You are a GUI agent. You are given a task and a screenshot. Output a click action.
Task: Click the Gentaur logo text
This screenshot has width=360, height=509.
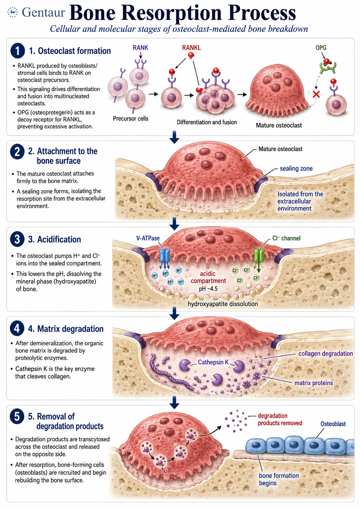click(43, 12)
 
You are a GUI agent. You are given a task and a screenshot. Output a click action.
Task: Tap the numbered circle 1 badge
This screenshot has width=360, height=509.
click(17, 51)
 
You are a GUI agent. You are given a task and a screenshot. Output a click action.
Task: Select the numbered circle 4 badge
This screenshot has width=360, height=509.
click(17, 328)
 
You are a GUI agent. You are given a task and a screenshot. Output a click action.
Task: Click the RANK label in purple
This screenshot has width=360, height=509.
click(140, 47)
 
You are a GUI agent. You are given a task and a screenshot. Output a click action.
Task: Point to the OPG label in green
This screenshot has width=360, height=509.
click(321, 47)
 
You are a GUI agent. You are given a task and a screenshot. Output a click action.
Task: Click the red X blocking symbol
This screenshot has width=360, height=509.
click(316, 94)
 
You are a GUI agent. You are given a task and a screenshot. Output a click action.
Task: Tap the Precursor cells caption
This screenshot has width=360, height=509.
click(131, 118)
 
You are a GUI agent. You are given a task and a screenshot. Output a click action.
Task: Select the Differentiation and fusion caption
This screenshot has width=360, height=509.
click(207, 122)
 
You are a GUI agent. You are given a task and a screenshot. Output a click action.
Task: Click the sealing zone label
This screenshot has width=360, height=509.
click(296, 168)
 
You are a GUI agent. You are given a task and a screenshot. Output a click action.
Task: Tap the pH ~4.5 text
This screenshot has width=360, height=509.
click(208, 288)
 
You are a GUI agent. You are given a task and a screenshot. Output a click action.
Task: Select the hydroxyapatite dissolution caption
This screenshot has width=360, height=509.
click(222, 304)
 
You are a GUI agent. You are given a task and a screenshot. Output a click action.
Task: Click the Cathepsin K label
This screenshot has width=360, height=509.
click(213, 362)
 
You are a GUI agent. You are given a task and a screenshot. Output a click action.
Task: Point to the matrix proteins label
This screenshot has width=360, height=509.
click(314, 383)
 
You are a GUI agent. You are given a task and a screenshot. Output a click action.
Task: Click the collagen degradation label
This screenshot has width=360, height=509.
click(326, 353)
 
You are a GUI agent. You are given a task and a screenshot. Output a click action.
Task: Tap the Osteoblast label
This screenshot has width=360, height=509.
click(333, 424)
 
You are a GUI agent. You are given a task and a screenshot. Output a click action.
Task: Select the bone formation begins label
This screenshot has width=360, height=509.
click(279, 479)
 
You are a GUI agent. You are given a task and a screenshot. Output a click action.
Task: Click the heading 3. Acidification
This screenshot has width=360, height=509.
click(55, 239)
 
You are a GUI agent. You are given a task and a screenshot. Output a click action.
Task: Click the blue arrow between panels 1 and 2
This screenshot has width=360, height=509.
click(174, 137)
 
